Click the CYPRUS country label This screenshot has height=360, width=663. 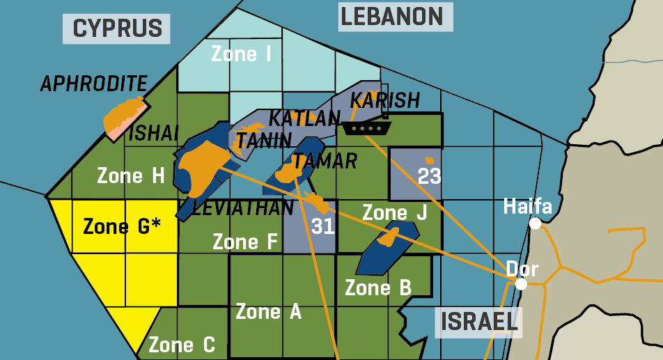117,29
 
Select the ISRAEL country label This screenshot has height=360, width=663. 478,322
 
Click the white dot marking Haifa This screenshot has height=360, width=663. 535,224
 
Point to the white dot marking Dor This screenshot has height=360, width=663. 520,284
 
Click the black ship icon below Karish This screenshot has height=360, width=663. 366,128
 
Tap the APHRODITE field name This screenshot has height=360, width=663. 93,84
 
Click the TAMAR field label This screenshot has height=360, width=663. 325,162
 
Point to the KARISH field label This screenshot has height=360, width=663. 385,101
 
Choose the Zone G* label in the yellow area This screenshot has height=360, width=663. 122,226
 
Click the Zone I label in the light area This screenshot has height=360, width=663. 241,54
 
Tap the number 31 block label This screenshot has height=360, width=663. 323,226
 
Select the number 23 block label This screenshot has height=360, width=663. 429,176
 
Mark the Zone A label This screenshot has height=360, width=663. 268,311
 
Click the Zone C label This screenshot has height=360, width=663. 182,344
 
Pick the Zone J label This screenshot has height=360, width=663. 394,212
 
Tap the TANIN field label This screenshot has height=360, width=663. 263,141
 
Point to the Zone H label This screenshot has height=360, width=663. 130,175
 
